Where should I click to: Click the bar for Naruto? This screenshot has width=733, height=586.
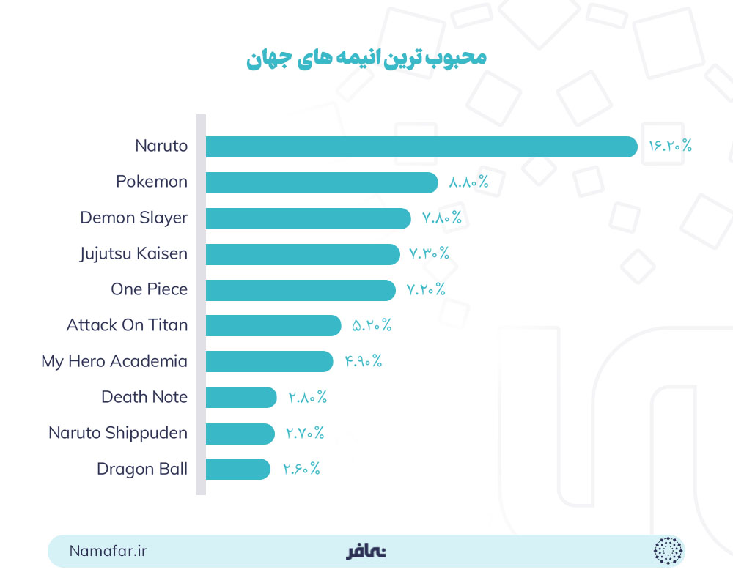(421, 146)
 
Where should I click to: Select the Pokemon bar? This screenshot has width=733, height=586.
(321, 182)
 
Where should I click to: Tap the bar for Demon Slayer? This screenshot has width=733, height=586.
(308, 218)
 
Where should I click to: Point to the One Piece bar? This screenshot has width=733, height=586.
(301, 290)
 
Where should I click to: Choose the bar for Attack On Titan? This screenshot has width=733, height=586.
(273, 325)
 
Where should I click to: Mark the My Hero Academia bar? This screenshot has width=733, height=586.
(269, 361)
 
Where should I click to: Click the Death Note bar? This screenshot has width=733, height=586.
(240, 397)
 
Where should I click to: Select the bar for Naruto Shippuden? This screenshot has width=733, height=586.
(239, 433)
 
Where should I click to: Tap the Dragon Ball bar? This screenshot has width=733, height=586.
(237, 469)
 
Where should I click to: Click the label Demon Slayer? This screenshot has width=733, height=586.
(134, 218)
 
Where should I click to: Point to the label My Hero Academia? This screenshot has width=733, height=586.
(114, 361)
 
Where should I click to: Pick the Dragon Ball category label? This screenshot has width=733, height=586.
(142, 469)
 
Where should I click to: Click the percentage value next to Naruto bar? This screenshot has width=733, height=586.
(670, 146)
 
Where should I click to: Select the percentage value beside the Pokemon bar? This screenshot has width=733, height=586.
(468, 182)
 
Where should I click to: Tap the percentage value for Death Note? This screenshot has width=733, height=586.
(307, 398)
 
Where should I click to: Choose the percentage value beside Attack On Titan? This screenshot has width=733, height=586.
(372, 326)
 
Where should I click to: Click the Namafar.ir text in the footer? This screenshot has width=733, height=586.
(108, 551)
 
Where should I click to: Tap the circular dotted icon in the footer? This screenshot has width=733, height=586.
(668, 551)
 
